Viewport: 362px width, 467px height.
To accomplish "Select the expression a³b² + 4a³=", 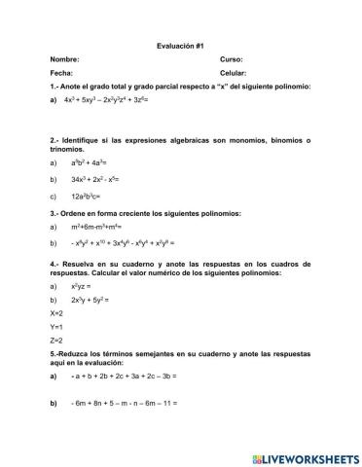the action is click(93, 165).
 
